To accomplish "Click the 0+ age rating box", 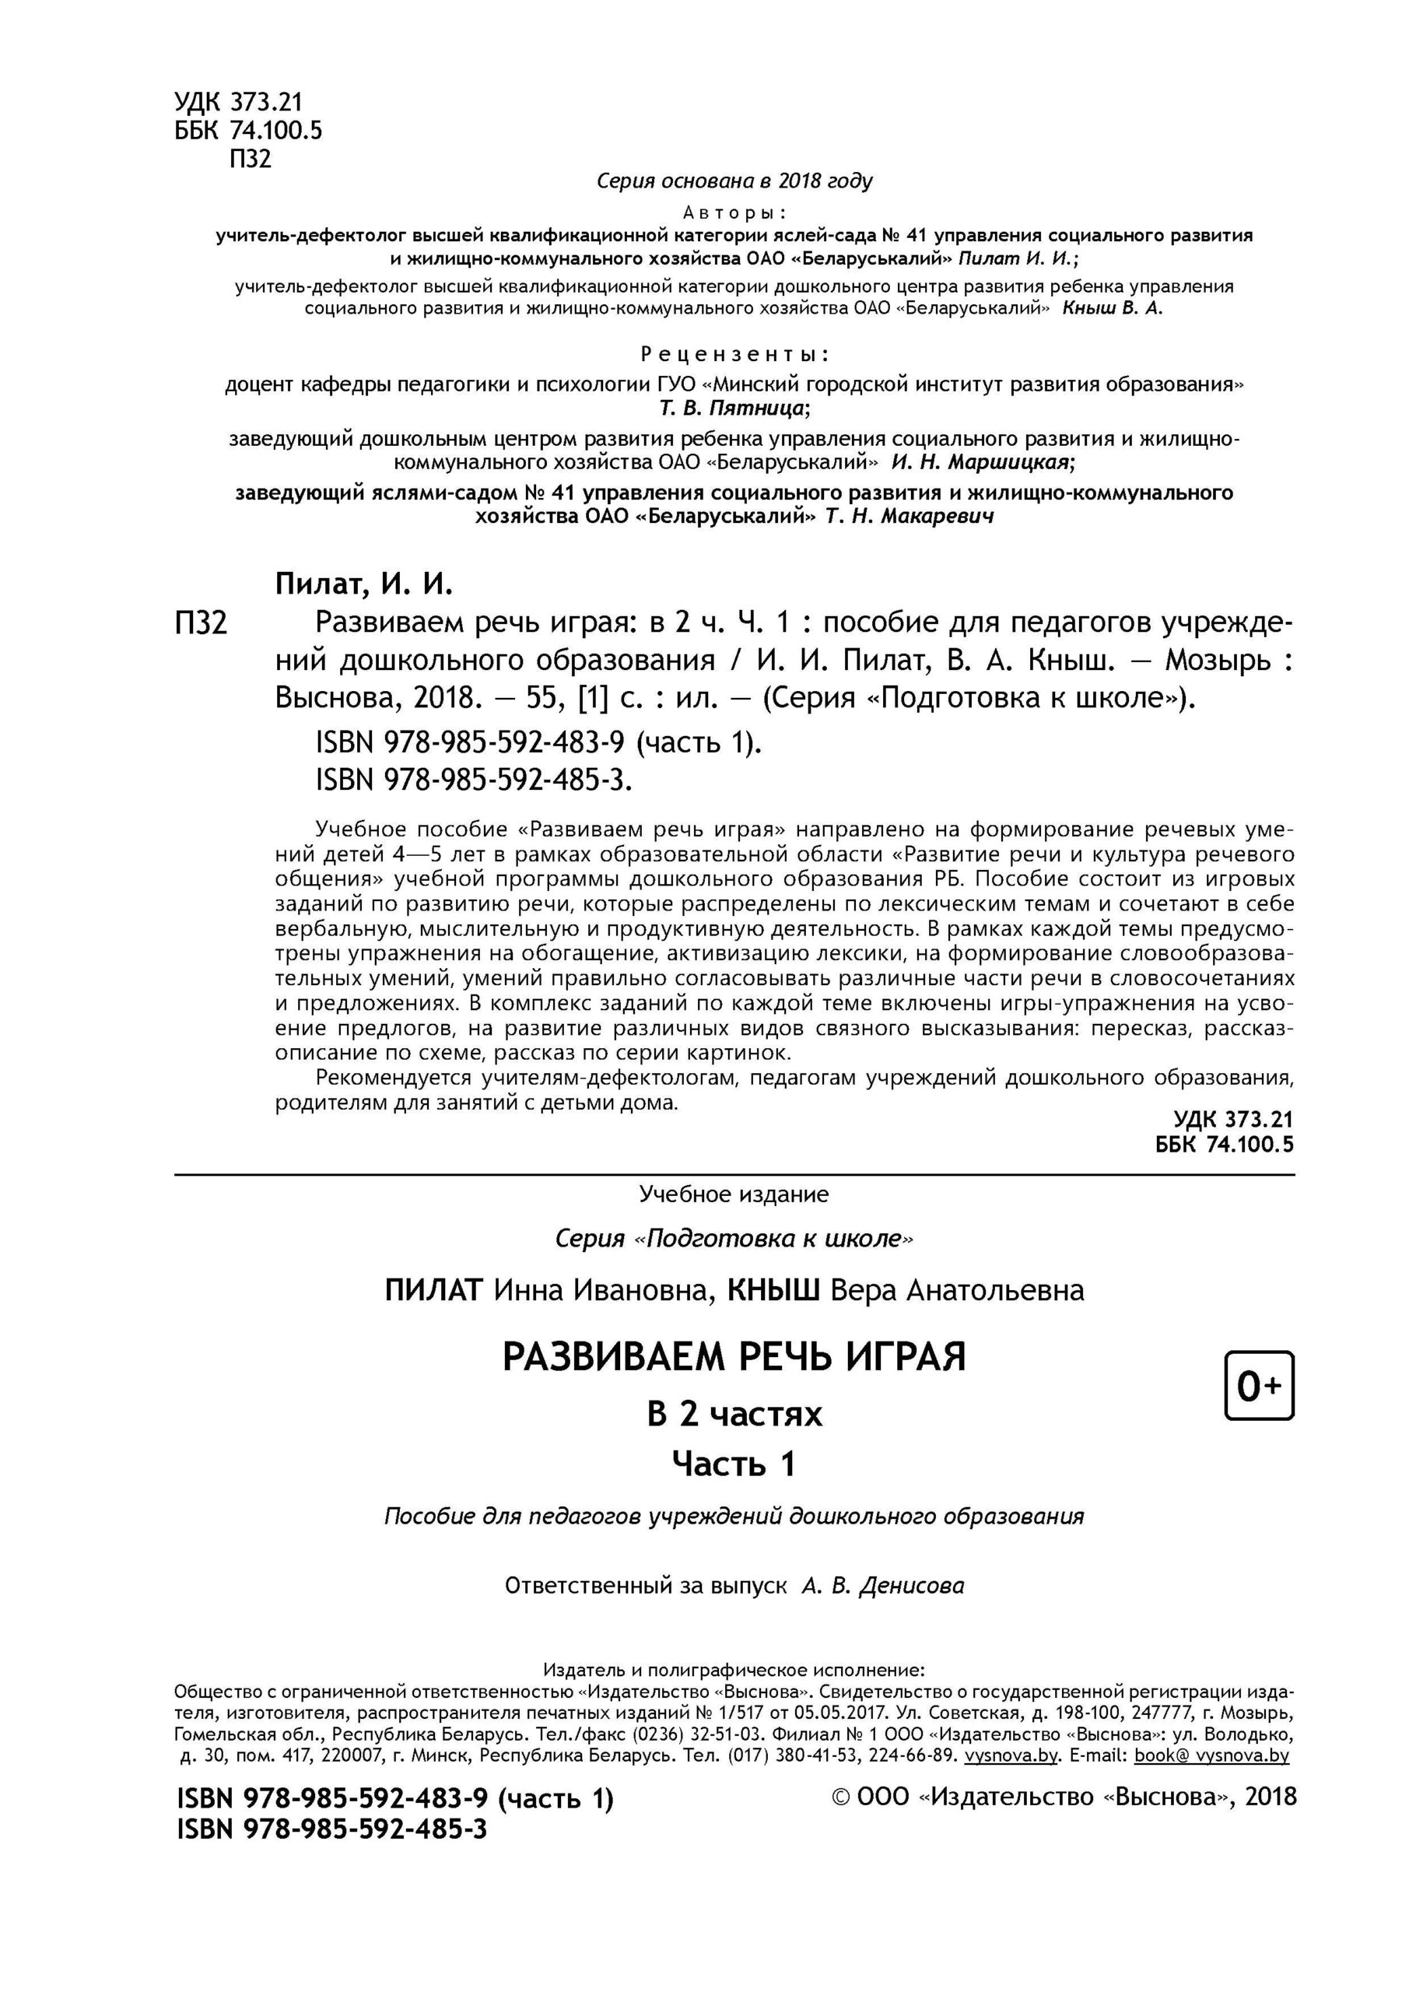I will (x=1258, y=1386).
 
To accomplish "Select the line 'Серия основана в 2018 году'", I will (x=734, y=181).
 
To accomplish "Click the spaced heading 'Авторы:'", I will (x=734, y=212).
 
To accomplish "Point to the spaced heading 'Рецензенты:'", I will (x=734, y=354).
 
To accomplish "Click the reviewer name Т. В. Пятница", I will (x=734, y=408).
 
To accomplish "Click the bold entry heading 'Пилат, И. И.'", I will (x=364, y=584).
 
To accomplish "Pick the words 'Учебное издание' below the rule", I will (x=734, y=1194).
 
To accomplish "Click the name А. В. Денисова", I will (x=882, y=1586).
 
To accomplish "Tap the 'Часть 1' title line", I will (x=734, y=1464).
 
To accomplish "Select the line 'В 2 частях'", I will (x=734, y=1414).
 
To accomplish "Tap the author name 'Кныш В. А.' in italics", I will (x=1113, y=309).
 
